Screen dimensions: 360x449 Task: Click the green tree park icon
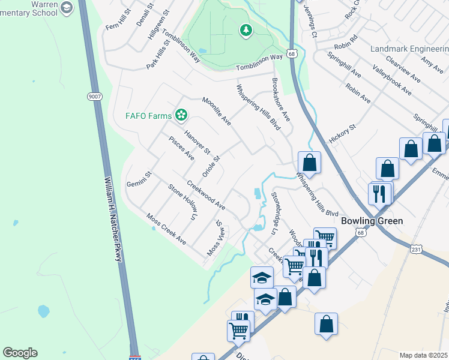click(x=245, y=31)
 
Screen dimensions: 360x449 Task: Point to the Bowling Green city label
click(x=372, y=221)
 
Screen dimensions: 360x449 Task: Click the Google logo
click(x=20, y=353)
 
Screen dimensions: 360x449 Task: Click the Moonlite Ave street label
click(x=217, y=111)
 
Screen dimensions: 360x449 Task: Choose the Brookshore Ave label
click(x=281, y=100)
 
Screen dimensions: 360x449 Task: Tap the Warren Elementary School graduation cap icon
click(x=67, y=8)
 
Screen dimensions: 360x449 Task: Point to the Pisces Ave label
click(x=181, y=149)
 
